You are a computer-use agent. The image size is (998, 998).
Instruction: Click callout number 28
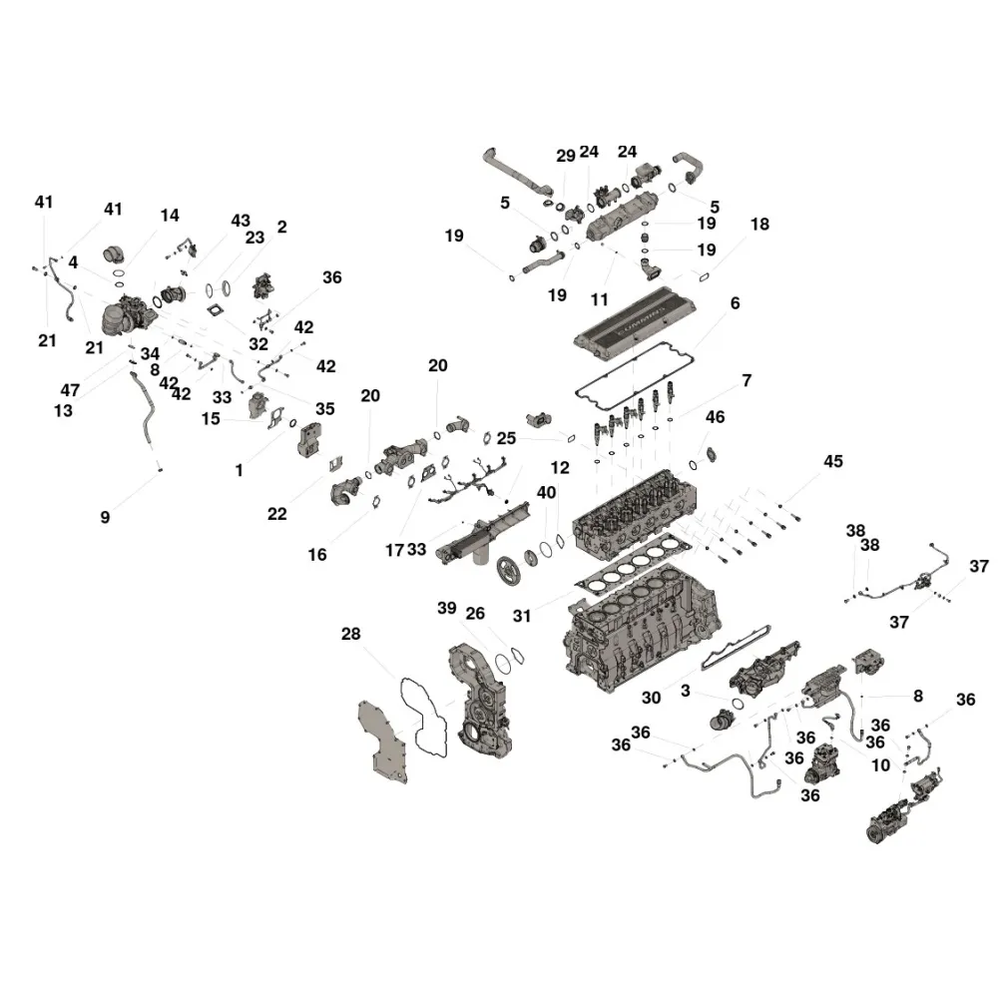pyautogui.click(x=350, y=634)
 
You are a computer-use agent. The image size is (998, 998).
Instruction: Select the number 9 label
pyautogui.click(x=105, y=517)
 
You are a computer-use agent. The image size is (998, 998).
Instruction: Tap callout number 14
pyautogui.click(x=170, y=216)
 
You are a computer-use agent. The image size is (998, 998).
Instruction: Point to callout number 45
pyautogui.click(x=833, y=461)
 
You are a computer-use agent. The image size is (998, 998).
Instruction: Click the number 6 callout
pyautogui.click(x=736, y=303)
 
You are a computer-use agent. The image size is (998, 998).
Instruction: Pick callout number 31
pyautogui.click(x=521, y=616)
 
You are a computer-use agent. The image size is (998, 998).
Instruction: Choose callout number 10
pyautogui.click(x=880, y=765)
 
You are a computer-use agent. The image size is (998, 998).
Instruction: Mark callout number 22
pyautogui.click(x=276, y=514)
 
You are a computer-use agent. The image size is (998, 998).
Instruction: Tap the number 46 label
pyautogui.click(x=715, y=417)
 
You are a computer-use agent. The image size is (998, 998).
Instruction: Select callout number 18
pyautogui.click(x=759, y=224)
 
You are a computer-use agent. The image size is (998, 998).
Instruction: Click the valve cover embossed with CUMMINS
pyautogui.click(x=635, y=322)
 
